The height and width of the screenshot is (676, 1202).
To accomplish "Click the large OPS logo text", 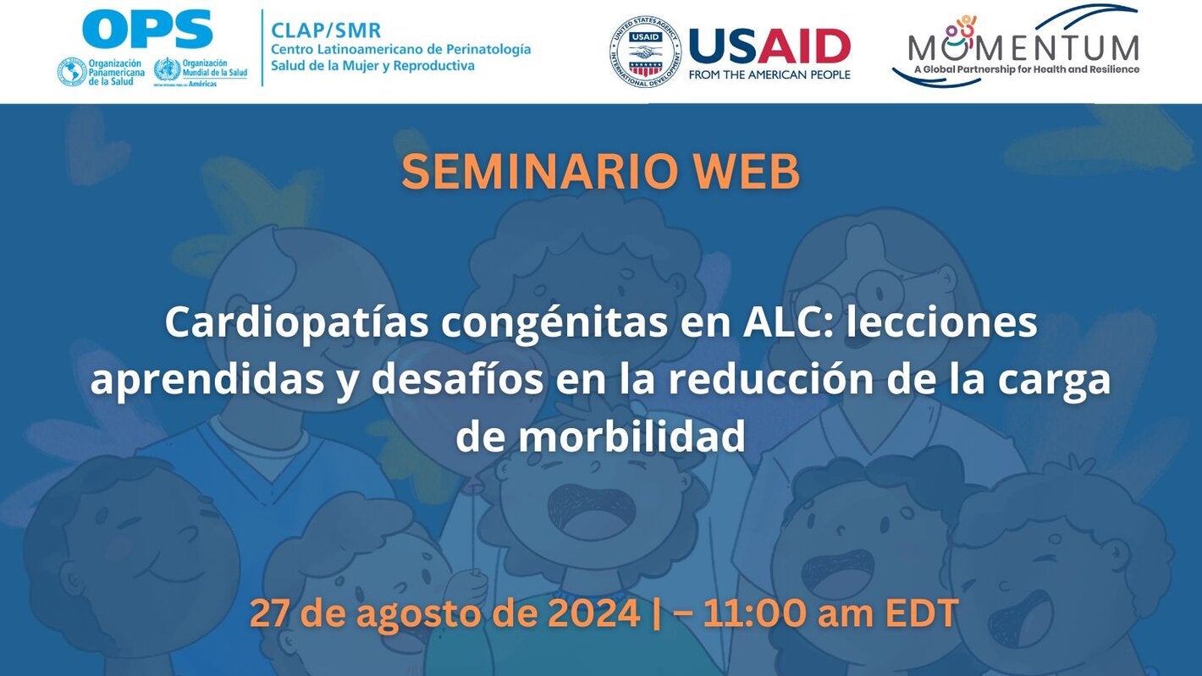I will point(147,30).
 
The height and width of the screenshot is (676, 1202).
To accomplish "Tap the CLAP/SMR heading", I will point(326,30).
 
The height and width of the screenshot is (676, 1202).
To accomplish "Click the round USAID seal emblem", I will point(645,52).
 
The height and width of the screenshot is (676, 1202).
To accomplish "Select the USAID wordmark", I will point(769,46).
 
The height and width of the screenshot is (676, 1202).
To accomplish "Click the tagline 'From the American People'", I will point(769,74).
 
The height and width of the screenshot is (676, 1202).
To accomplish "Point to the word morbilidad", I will point(631,437).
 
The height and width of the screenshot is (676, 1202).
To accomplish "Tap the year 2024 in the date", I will point(593,613).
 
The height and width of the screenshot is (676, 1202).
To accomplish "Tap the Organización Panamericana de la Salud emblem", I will point(71,72).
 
